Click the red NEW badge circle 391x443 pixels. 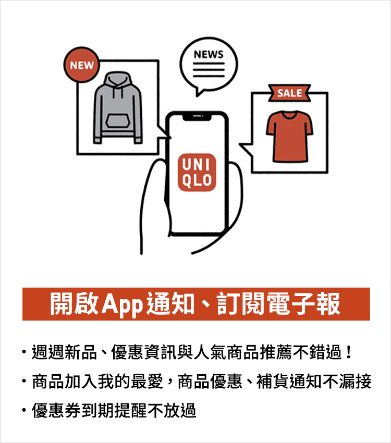[82, 65]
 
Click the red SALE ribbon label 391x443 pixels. [289, 93]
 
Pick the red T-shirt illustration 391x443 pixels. [290, 135]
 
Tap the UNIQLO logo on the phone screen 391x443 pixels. [197, 173]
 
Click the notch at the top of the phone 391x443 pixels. [198, 116]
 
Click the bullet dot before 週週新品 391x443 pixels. [25, 353]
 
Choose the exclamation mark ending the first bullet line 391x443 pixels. [349, 353]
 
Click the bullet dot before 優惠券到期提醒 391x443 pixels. [25, 411]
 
